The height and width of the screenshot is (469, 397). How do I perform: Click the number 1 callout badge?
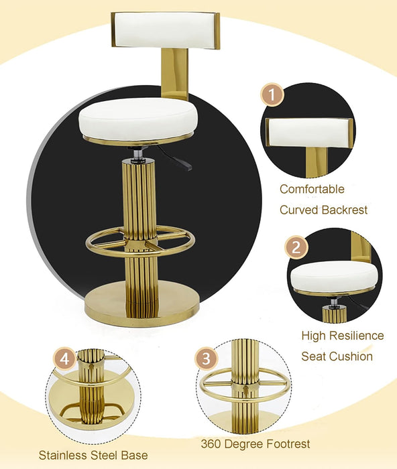tap(272, 94)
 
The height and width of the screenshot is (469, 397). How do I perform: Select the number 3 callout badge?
tap(207, 358)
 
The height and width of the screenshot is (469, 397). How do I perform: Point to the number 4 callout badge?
tap(64, 358)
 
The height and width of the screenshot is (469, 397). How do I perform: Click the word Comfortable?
tap(312, 190)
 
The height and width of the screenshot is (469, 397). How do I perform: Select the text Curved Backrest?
tap(323, 210)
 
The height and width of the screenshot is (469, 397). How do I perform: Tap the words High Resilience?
tap(342, 336)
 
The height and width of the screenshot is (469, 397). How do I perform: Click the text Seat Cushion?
tap(337, 356)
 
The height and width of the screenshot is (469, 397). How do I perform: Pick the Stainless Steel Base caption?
tap(93, 455)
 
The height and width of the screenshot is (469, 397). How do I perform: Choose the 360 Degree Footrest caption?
tap(256, 444)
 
